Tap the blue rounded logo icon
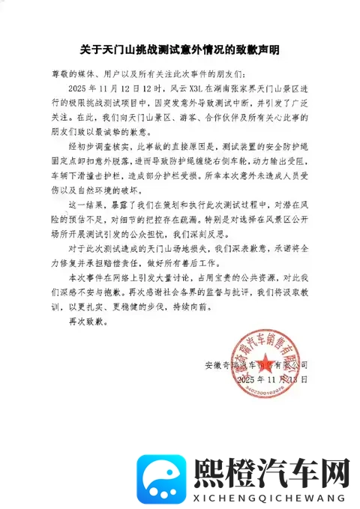164,460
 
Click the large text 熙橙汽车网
272,452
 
